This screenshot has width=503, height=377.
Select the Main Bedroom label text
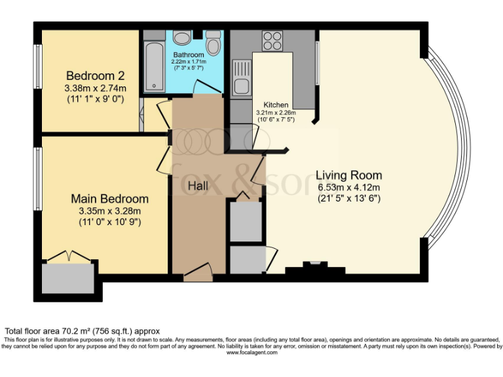coord(109,198)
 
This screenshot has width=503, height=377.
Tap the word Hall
coord(198,187)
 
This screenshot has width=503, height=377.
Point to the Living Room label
coord(348,175)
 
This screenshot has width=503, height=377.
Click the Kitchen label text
coord(276,105)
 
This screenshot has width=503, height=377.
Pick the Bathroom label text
coord(189,55)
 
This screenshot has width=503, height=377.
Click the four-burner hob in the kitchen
coord(272,41)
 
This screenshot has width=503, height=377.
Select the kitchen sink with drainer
coord(241,77)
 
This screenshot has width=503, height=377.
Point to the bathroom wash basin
coord(183,37)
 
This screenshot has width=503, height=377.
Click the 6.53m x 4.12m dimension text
coord(348,187)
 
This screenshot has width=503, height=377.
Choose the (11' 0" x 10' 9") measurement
coord(109,222)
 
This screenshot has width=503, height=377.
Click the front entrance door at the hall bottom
coord(198,275)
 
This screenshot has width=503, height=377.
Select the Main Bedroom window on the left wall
coord(37,178)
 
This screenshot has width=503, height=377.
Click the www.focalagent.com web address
coord(251,352)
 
